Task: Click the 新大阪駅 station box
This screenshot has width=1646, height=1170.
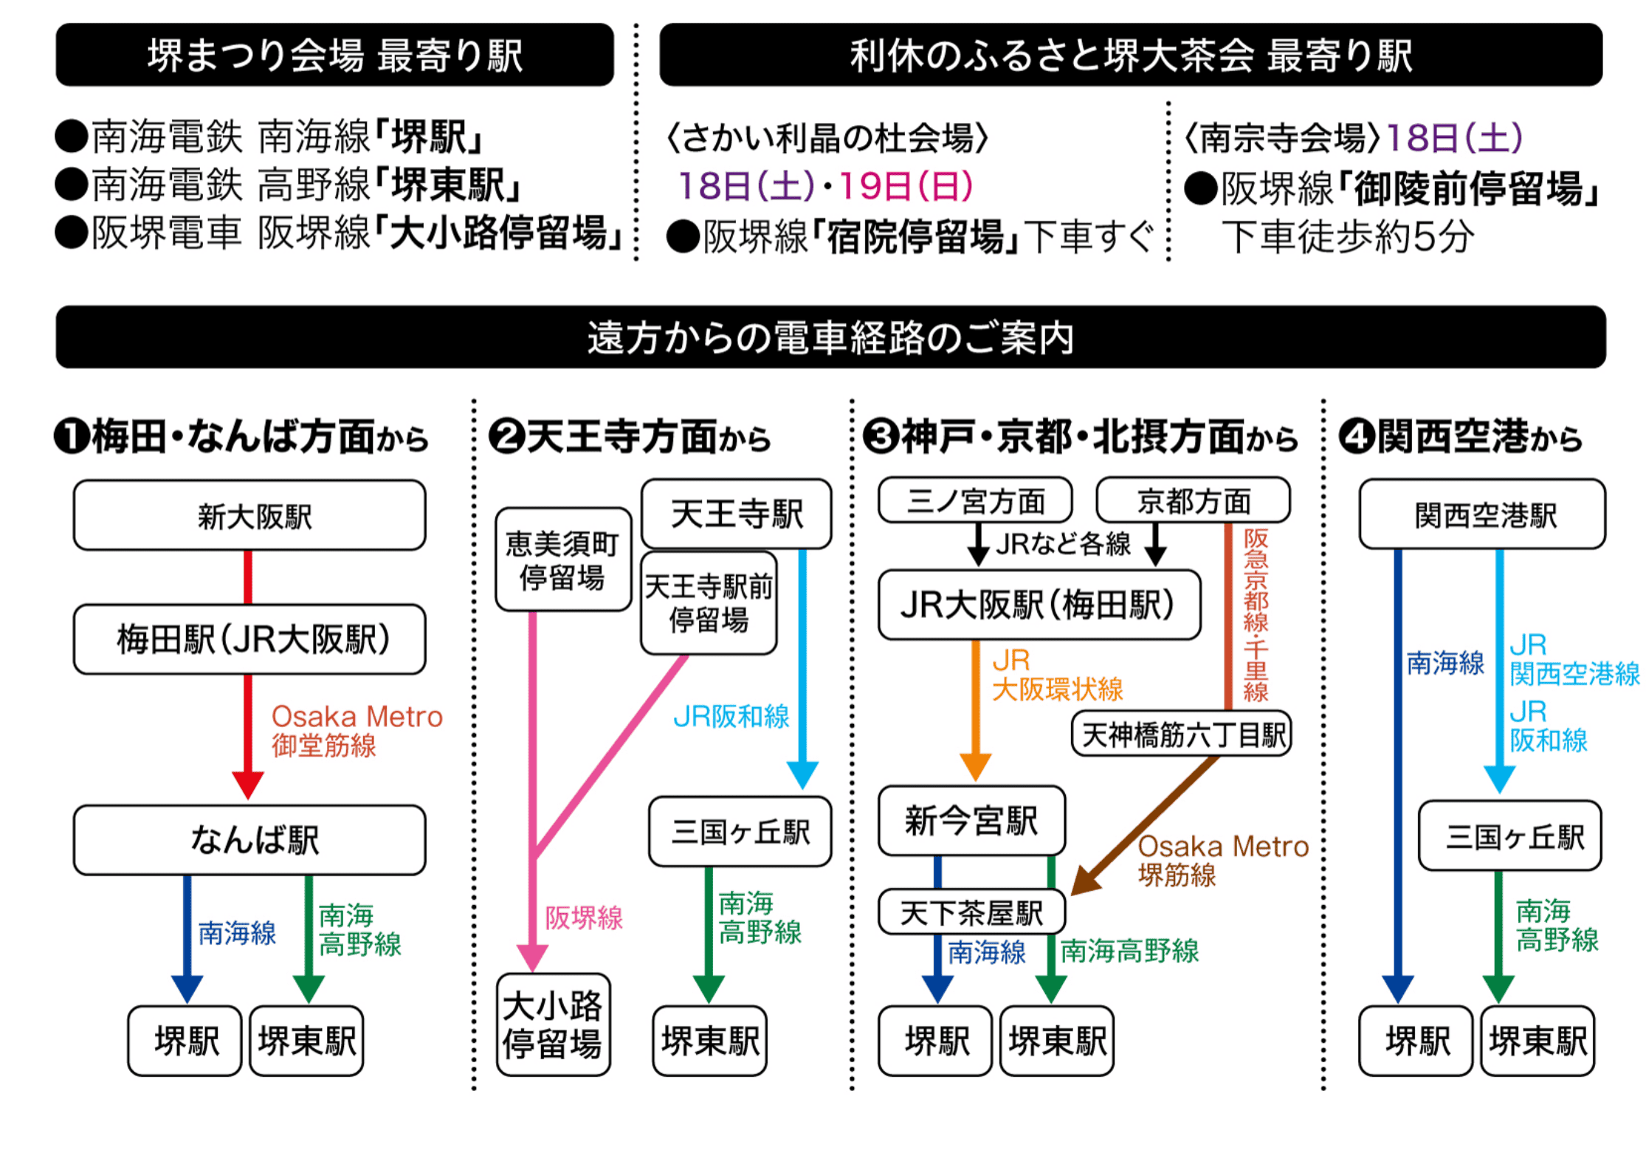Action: tap(249, 515)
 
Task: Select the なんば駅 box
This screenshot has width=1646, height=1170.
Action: tap(249, 840)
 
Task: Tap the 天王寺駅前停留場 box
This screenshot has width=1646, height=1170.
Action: tap(709, 603)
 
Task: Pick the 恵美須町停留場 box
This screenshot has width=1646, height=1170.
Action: tap(562, 560)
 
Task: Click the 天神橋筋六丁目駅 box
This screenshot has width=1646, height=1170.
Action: tap(1181, 734)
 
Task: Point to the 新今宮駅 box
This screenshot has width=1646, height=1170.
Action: tap(971, 820)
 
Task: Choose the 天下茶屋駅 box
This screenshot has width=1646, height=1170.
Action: tap(971, 913)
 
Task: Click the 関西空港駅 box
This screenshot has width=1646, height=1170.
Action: tap(1482, 515)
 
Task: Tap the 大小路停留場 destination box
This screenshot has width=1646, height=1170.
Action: tap(553, 1025)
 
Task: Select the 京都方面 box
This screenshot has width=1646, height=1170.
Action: tap(1193, 500)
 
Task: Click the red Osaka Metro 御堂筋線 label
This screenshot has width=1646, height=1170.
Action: tap(356, 731)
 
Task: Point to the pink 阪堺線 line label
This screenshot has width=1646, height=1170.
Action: tap(584, 918)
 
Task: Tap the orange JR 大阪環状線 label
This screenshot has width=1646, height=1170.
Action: tap(1056, 675)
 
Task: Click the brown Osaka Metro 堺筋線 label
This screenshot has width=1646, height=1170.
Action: tap(1222, 860)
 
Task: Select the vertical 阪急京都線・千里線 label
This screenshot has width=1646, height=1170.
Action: tap(1255, 614)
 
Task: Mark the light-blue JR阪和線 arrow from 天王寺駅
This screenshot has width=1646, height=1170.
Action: tap(802, 664)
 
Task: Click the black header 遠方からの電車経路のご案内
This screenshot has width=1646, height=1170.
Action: tap(830, 337)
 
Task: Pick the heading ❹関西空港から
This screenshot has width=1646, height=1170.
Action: tap(1460, 436)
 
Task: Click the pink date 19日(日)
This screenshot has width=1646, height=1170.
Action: tap(906, 185)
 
